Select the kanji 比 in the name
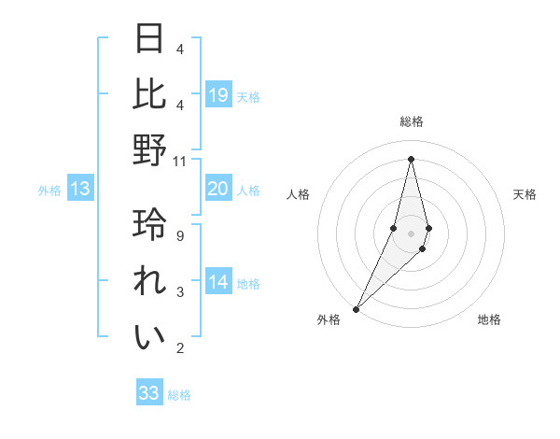150,93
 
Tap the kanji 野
150,149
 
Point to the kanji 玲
150,225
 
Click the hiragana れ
150,281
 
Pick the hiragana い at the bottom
150,337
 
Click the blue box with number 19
218,95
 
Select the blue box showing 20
218,189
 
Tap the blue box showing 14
218,282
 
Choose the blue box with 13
80,189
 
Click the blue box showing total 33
149,393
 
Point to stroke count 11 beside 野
180,162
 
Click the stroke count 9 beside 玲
180,236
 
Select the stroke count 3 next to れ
180,292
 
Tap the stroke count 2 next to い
180,348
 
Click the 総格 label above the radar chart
411,121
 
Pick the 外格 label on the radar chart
328,319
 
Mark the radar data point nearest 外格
357,308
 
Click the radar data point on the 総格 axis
411,159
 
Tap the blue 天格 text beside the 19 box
248,97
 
